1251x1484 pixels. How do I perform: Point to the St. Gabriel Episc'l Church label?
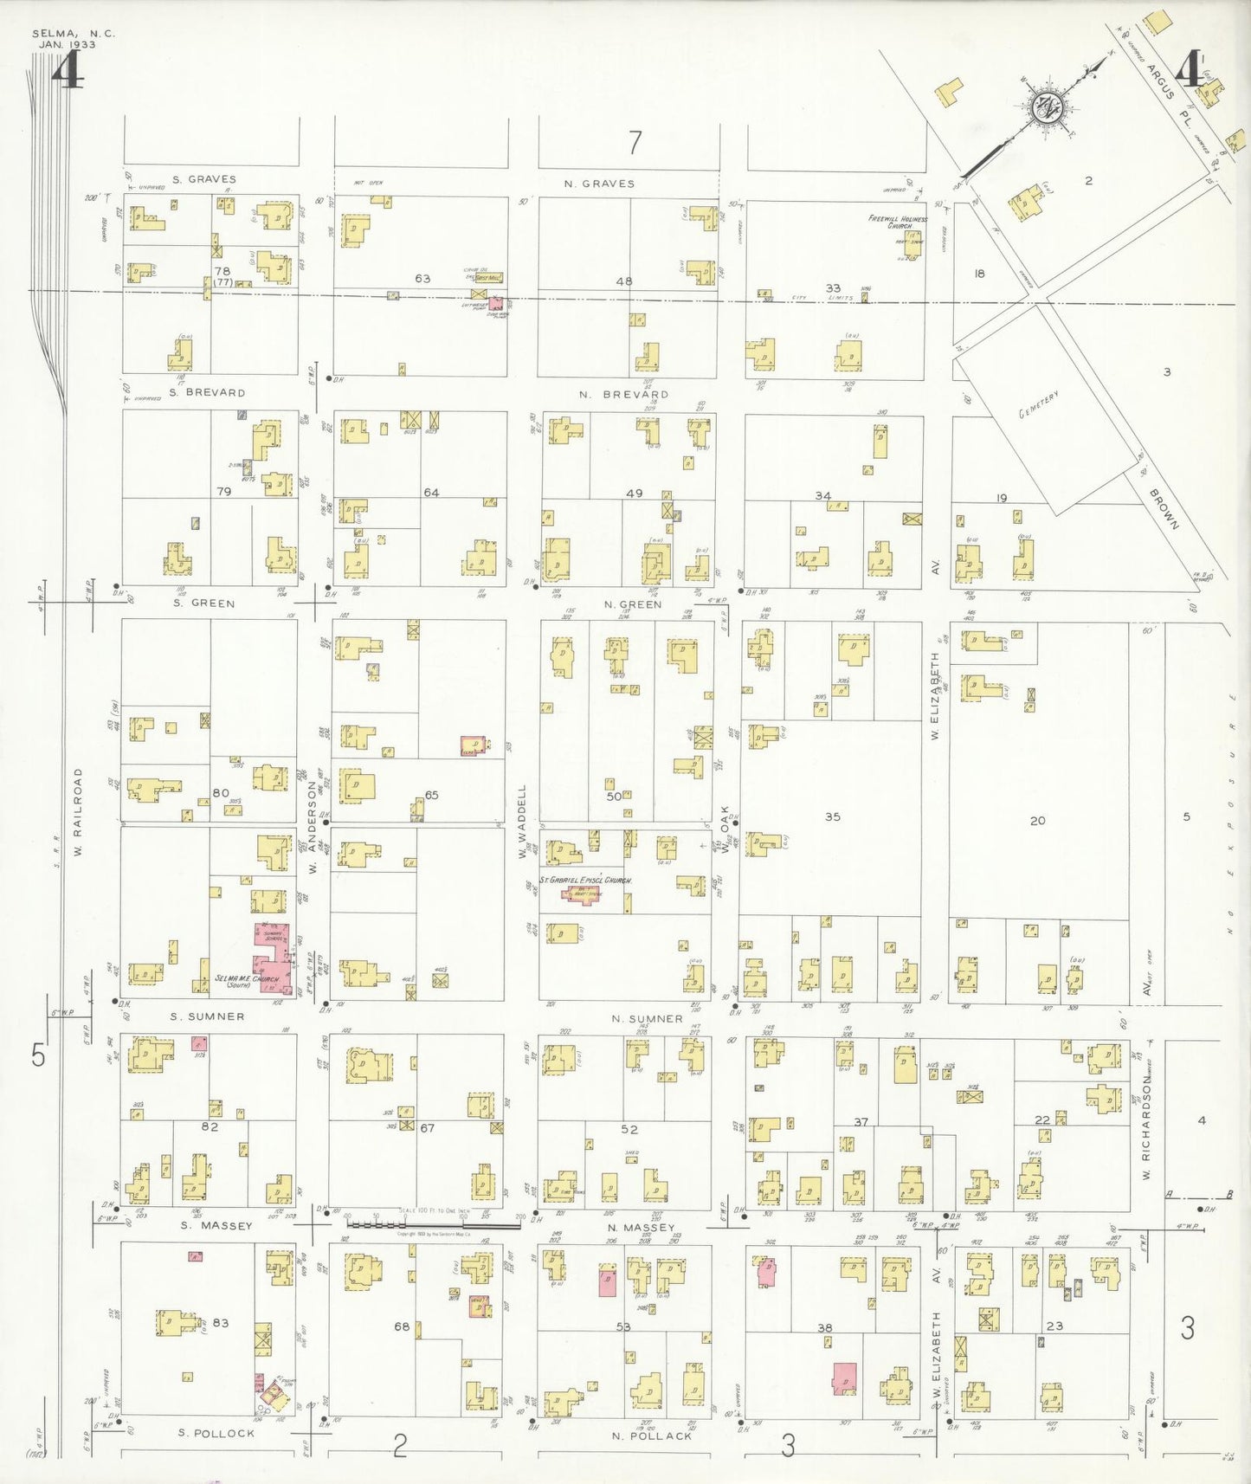(x=585, y=880)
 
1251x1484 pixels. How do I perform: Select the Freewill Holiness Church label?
(x=898, y=222)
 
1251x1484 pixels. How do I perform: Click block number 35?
(x=832, y=816)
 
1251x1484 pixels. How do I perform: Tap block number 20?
(x=1038, y=820)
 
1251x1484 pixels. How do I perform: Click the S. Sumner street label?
(x=207, y=1016)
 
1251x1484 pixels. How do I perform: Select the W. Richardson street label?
(x=1145, y=1126)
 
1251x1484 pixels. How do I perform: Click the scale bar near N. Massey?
(x=433, y=1225)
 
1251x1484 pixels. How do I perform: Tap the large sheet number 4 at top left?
(x=67, y=71)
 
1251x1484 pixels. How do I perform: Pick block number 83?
(x=221, y=1322)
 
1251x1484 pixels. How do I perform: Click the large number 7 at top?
(x=635, y=141)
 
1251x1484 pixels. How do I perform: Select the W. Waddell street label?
(x=522, y=822)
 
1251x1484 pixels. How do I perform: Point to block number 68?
(x=402, y=1326)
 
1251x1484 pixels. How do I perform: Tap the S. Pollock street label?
(x=216, y=1433)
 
